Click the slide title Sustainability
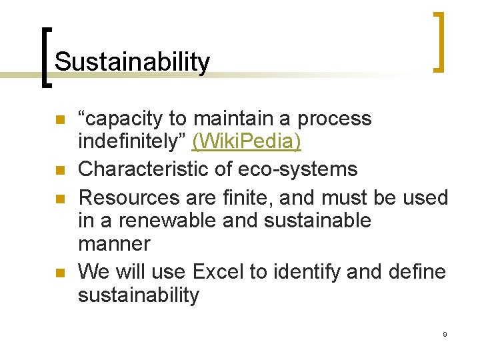(x=132, y=62)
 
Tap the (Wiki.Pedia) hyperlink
(x=246, y=142)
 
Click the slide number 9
(x=444, y=333)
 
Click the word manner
(x=115, y=244)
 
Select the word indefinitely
(x=132, y=142)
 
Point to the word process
(x=334, y=119)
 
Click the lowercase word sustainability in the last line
(x=139, y=295)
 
